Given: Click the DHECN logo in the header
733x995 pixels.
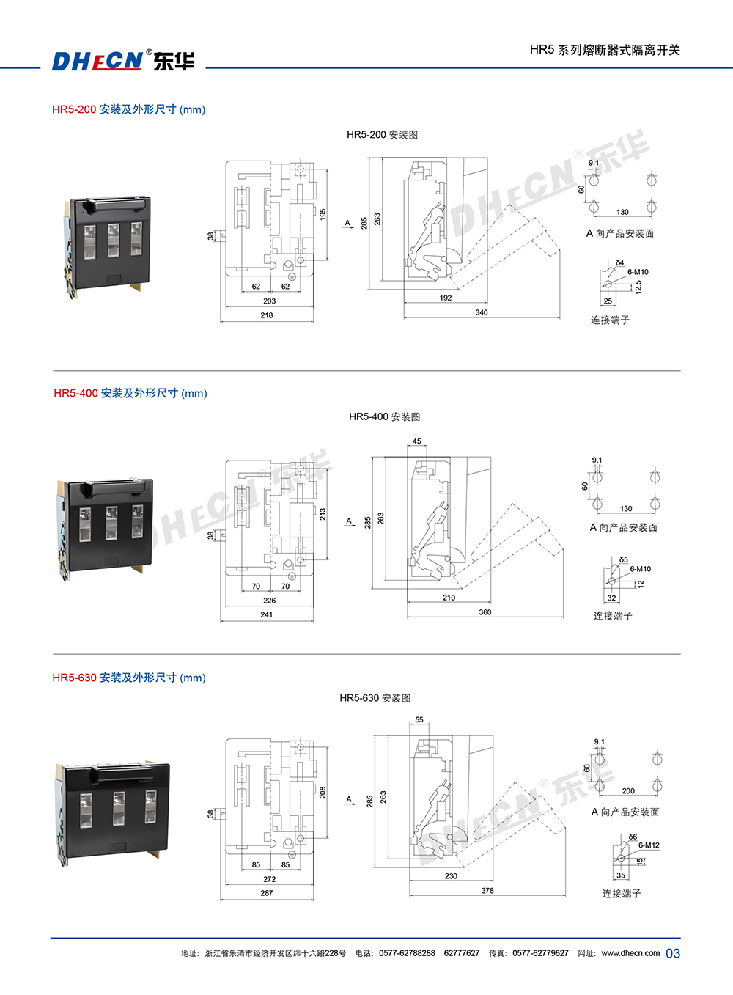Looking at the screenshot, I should pos(123,60).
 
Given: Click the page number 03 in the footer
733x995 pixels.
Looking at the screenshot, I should pos(673,953).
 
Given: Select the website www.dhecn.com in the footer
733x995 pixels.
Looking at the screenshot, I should pos(630,953).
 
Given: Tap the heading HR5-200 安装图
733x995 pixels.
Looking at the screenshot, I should pos(382,135).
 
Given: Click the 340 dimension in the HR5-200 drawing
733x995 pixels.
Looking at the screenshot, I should pos(481,312).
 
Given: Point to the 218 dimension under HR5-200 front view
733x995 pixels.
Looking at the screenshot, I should pos(267,315).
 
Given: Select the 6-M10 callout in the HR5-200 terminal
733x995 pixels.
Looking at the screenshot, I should pos(638,272).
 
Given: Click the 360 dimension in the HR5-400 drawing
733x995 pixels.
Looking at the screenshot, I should pos(485,612).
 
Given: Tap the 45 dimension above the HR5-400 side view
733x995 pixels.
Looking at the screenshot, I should pos(417,441).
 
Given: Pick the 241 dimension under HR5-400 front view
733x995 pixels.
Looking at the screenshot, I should pos(267,614).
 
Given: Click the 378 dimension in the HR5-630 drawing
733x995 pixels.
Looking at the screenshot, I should pos(487,891).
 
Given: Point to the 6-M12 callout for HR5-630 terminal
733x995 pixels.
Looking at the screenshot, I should pos(649,845).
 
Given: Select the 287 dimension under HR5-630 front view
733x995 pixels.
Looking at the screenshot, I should pos(267,893).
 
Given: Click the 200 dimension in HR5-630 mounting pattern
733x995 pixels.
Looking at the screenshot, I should pos(628,791).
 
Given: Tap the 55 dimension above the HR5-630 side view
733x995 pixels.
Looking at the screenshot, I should pos(419,720).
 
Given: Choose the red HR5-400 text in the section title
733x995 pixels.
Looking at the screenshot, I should pos(75,393).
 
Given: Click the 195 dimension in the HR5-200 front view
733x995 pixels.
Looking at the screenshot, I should pos(323,214).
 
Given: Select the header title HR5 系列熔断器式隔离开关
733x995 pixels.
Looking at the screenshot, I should pos(605,50).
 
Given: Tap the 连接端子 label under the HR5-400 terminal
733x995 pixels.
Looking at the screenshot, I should pos(613,616).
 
